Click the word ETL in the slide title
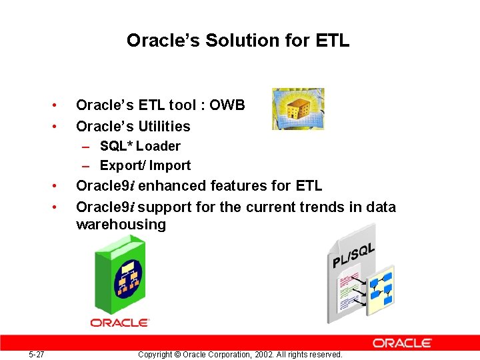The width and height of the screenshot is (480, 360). coord(333,41)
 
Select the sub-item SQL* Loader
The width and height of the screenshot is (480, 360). coord(140,146)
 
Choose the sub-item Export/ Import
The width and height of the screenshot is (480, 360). coord(145,165)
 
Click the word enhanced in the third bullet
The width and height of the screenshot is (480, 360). coord(167,186)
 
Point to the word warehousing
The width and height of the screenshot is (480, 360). coord(121,225)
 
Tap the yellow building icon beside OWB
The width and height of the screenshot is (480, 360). coord(298,109)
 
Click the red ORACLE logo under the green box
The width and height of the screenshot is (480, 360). coord(120,323)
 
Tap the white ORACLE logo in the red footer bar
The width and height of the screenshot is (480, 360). coord(402,343)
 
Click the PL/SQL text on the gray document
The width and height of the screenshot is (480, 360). coord(353,255)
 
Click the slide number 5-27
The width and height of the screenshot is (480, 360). coord(37,355)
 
